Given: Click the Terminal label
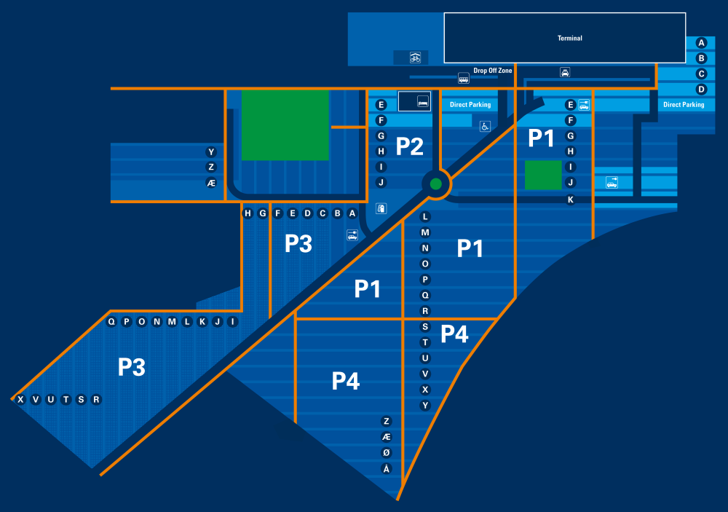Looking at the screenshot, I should point(570,38).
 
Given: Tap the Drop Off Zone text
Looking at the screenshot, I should point(493,71).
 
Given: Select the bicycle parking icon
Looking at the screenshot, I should point(415,57).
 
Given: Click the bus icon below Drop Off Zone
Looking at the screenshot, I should point(463,78).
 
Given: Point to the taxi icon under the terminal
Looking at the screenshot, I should point(565,71).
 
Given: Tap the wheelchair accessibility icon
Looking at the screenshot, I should point(484,125).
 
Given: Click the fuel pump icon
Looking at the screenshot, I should point(381,208).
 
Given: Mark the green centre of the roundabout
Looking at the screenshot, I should point(435,184).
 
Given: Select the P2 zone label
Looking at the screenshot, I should point(410,146).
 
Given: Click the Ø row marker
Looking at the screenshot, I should point(387,452).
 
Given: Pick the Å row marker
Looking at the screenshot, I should point(387,468).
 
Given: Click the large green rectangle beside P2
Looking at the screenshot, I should point(285,125).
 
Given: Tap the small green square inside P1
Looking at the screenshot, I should point(542,176).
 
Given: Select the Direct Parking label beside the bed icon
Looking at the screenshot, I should point(470,105).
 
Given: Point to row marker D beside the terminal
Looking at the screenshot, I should point(702,90).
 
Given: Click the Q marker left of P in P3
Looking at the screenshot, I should point(111,321).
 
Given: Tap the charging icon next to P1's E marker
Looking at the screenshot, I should point(584,105).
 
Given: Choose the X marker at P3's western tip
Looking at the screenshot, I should point(20,399).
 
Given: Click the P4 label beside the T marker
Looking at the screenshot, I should point(454,334).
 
